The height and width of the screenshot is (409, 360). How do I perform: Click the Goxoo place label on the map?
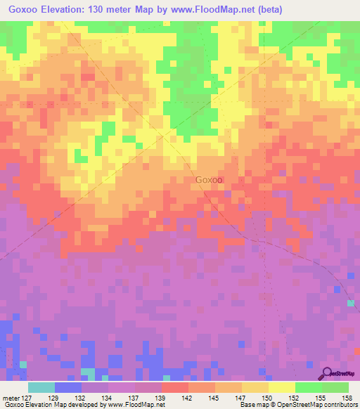coord(209,180)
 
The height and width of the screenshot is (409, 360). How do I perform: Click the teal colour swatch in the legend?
coord(41,387)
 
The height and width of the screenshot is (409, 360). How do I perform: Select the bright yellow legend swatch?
coord(281,387)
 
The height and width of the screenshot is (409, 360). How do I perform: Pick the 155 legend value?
coord(321,397)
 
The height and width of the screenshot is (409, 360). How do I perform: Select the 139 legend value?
coord(162,397)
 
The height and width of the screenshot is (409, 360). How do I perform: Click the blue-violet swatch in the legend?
coord(68,387)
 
